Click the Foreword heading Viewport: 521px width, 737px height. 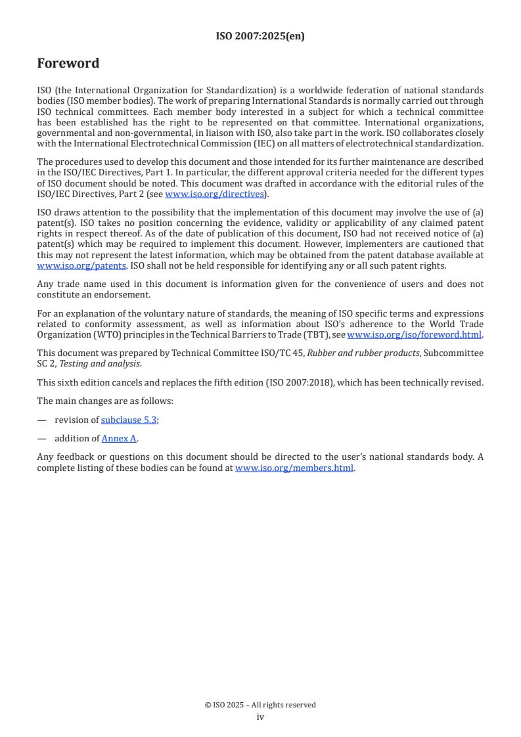[68, 64]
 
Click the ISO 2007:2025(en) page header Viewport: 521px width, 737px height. [260, 37]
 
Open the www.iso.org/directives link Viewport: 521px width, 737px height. [214, 194]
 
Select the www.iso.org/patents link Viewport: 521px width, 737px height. [63, 266]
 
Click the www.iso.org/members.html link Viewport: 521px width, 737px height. [294, 468]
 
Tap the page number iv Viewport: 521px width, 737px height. [260, 717]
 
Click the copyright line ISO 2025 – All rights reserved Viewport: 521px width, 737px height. [260, 705]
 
